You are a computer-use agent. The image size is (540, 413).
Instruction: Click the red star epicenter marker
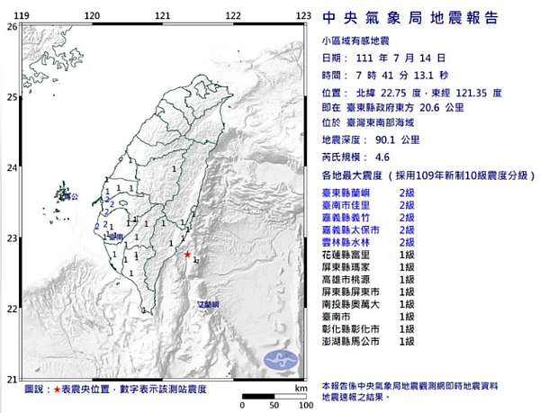187,255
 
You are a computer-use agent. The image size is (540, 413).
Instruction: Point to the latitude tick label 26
12,26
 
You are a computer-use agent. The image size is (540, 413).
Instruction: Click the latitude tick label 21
12,379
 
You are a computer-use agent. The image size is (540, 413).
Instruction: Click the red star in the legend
58,389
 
